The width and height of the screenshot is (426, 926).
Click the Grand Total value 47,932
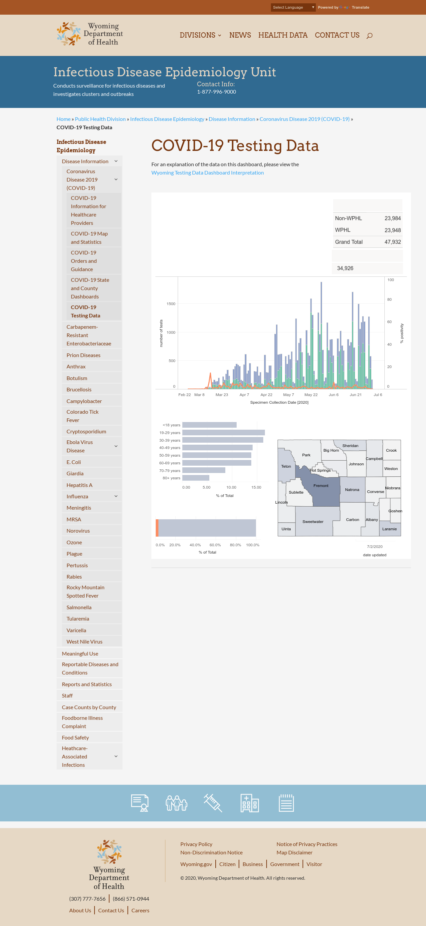(392, 242)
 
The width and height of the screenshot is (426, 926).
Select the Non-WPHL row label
(348, 218)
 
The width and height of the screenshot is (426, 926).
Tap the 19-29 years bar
(223, 432)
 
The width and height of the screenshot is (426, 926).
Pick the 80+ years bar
(196, 478)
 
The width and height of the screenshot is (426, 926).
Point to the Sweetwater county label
(313, 522)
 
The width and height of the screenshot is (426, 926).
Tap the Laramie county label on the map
(389, 529)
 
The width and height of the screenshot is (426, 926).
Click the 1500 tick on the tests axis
(171, 304)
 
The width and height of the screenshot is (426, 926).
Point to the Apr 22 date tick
(266, 395)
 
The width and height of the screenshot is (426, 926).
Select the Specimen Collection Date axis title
(279, 402)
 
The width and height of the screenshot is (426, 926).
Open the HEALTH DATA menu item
(283, 35)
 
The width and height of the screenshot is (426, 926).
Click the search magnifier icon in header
(369, 36)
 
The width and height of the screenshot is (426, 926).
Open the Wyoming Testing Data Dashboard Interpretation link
(207, 173)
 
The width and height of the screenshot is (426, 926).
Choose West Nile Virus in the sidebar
(85, 642)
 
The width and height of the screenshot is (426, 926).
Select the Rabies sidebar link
(74, 577)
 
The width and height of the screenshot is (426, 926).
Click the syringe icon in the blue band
(213, 803)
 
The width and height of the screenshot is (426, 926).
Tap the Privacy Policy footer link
(196, 844)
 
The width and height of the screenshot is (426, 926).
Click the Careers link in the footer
(140, 910)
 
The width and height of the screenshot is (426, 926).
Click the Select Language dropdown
(293, 7)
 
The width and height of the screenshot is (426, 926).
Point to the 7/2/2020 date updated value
(375, 546)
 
